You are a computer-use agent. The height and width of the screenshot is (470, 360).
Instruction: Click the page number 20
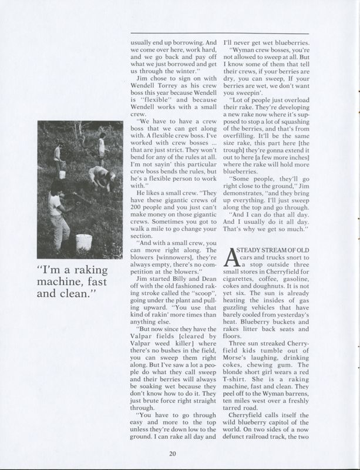pos(173,452)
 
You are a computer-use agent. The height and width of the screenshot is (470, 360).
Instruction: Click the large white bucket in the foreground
pos(84,243)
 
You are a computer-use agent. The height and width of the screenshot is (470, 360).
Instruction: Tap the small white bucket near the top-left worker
pos(62,175)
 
